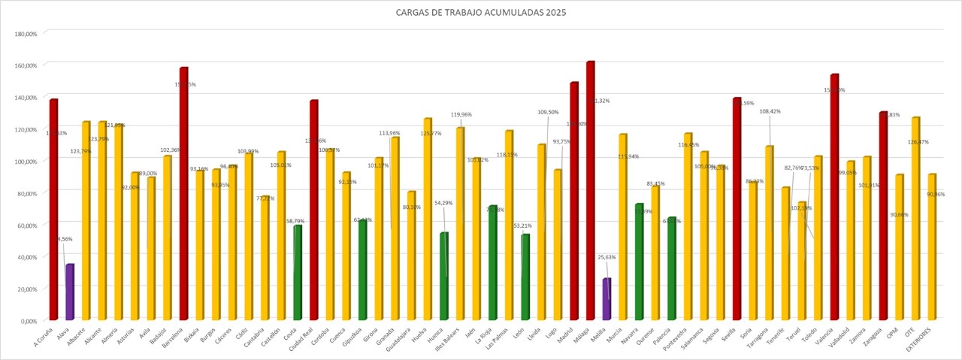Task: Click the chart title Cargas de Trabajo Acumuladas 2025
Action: (480, 13)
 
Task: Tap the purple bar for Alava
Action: (69, 292)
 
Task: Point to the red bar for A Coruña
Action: (53, 210)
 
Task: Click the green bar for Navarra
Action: (639, 262)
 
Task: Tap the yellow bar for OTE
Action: (915, 219)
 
